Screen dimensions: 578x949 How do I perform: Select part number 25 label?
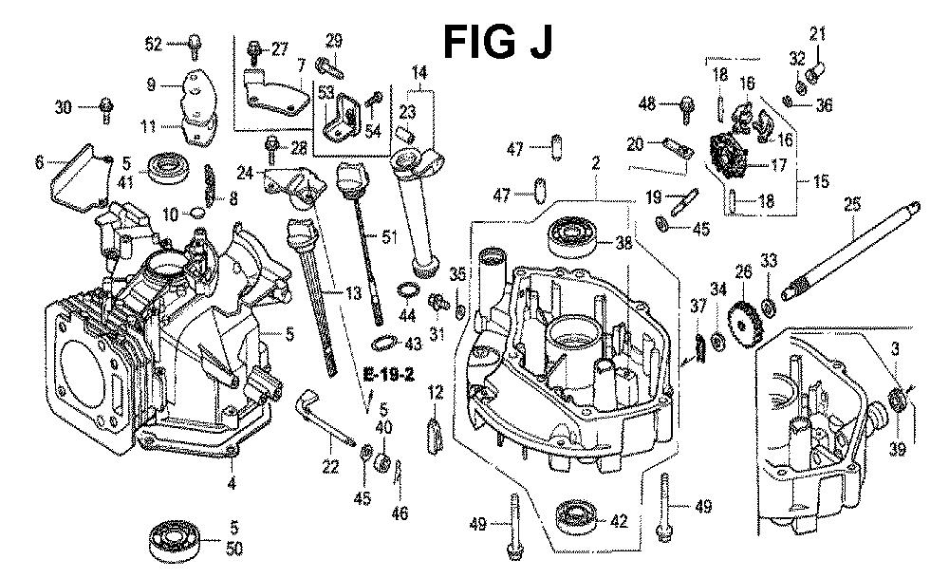pos(851,203)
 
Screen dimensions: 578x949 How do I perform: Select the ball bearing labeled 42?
pos(576,518)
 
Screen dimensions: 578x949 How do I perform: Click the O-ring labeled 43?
pos(381,341)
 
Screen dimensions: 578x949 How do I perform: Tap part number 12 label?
pos(436,392)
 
